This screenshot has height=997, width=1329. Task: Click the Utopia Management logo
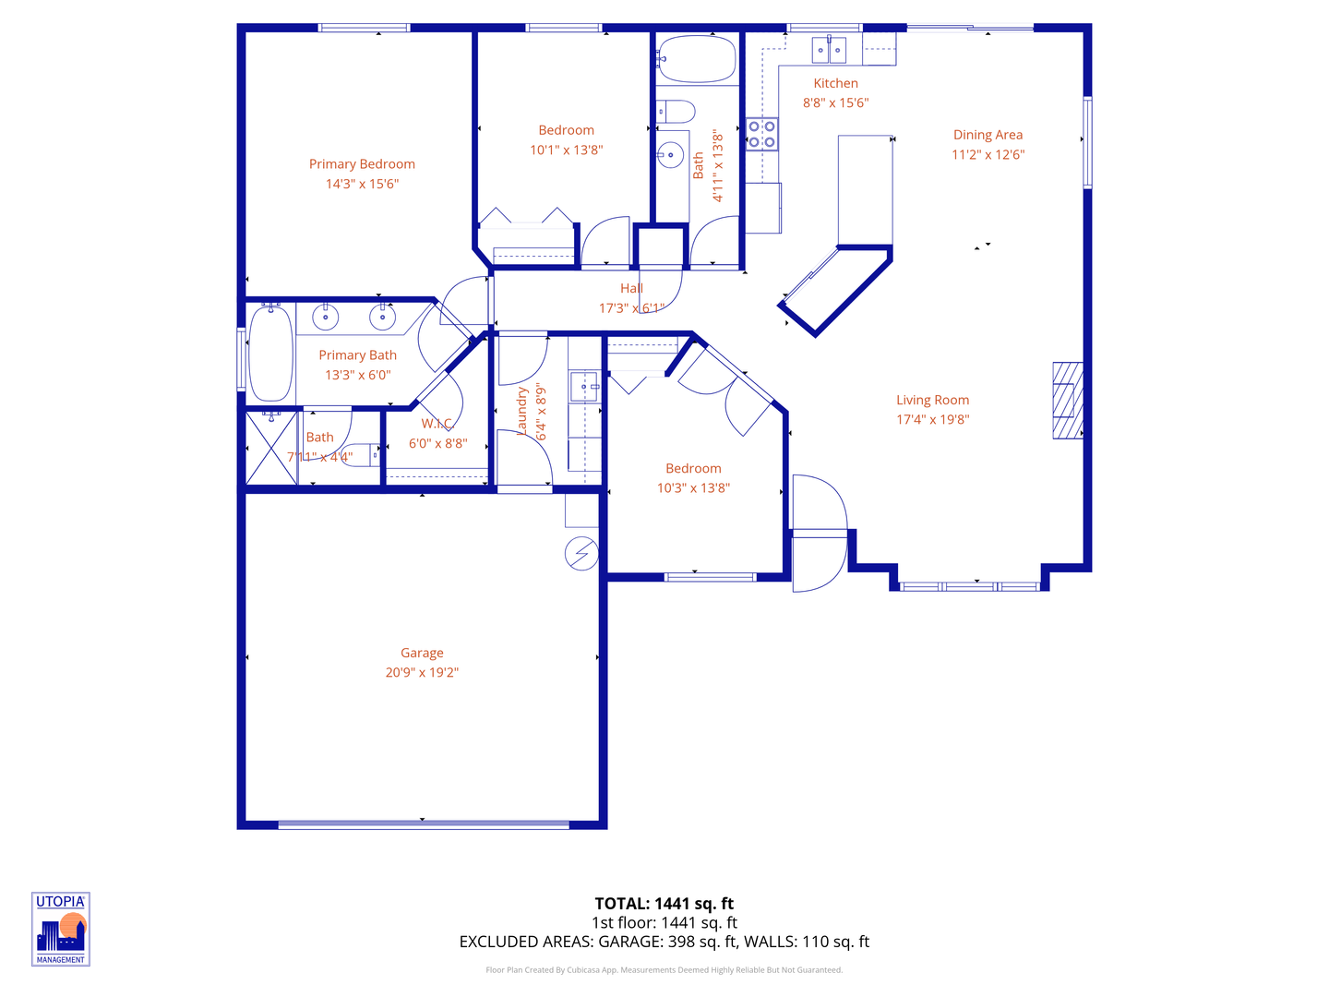pos(61,929)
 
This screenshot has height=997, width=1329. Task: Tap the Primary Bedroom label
pos(362,164)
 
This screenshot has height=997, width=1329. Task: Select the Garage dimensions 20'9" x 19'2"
pos(422,673)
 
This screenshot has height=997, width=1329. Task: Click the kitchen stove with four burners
pos(761,135)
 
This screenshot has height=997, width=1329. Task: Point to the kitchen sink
pos(829,49)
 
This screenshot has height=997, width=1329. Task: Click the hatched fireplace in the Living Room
pos(1068,401)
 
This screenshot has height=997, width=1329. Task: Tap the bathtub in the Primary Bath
pos(270,354)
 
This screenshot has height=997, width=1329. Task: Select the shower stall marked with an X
pos(271,449)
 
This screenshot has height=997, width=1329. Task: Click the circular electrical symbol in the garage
pos(581,554)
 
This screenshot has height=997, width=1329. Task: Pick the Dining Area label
pos(988,135)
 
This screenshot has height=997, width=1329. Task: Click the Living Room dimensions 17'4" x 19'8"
pos(932,420)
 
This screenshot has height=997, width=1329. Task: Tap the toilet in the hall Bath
pos(676,113)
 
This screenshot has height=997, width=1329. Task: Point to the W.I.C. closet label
pos(437,424)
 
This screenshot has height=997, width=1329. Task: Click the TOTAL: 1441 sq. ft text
pos(664,904)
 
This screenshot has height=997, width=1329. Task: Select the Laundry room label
pos(522,412)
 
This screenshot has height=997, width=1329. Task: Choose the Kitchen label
pos(835,83)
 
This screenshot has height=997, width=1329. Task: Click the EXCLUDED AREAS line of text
pos(664,942)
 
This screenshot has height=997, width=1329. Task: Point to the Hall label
pos(631,288)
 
